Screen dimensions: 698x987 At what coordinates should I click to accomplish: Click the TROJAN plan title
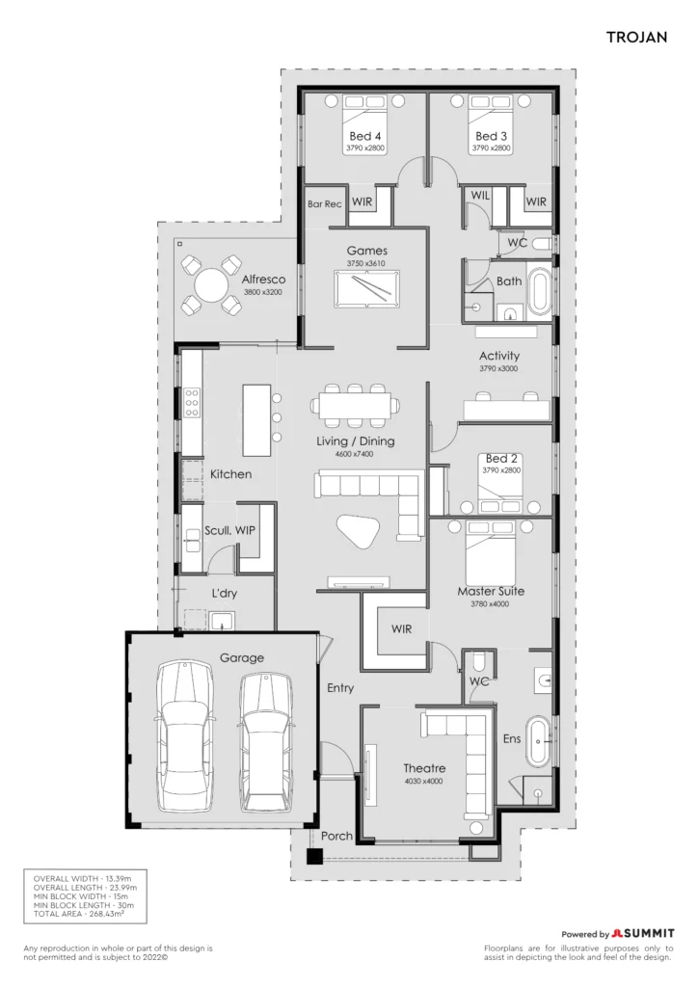pyautogui.click(x=636, y=38)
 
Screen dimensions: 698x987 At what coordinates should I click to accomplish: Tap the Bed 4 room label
pyautogui.click(x=365, y=136)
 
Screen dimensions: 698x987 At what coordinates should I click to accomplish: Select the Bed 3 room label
pyautogui.click(x=491, y=136)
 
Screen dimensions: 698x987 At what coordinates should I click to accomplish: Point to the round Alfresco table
pyautogui.click(x=211, y=285)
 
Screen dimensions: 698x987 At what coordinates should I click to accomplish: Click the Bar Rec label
pyautogui.click(x=325, y=204)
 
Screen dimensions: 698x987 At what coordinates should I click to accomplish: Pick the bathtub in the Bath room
pyautogui.click(x=539, y=291)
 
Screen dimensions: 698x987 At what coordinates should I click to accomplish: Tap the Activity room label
pyautogui.click(x=499, y=356)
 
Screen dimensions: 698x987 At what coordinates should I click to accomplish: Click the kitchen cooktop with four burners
pyautogui.click(x=192, y=402)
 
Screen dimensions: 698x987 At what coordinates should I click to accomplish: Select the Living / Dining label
pyautogui.click(x=356, y=441)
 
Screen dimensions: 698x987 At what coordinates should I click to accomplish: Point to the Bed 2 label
pyautogui.click(x=501, y=458)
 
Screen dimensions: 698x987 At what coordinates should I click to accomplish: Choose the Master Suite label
pyautogui.click(x=491, y=591)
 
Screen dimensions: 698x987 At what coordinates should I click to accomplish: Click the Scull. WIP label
pyautogui.click(x=229, y=531)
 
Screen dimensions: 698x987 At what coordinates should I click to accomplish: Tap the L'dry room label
pyautogui.click(x=224, y=593)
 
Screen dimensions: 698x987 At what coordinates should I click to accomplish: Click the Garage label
pyautogui.click(x=242, y=657)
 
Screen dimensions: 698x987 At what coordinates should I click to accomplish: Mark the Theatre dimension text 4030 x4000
pyautogui.click(x=424, y=781)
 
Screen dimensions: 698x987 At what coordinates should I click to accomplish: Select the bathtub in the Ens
pyautogui.click(x=539, y=741)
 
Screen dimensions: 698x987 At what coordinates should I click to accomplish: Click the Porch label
pyautogui.click(x=336, y=836)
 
